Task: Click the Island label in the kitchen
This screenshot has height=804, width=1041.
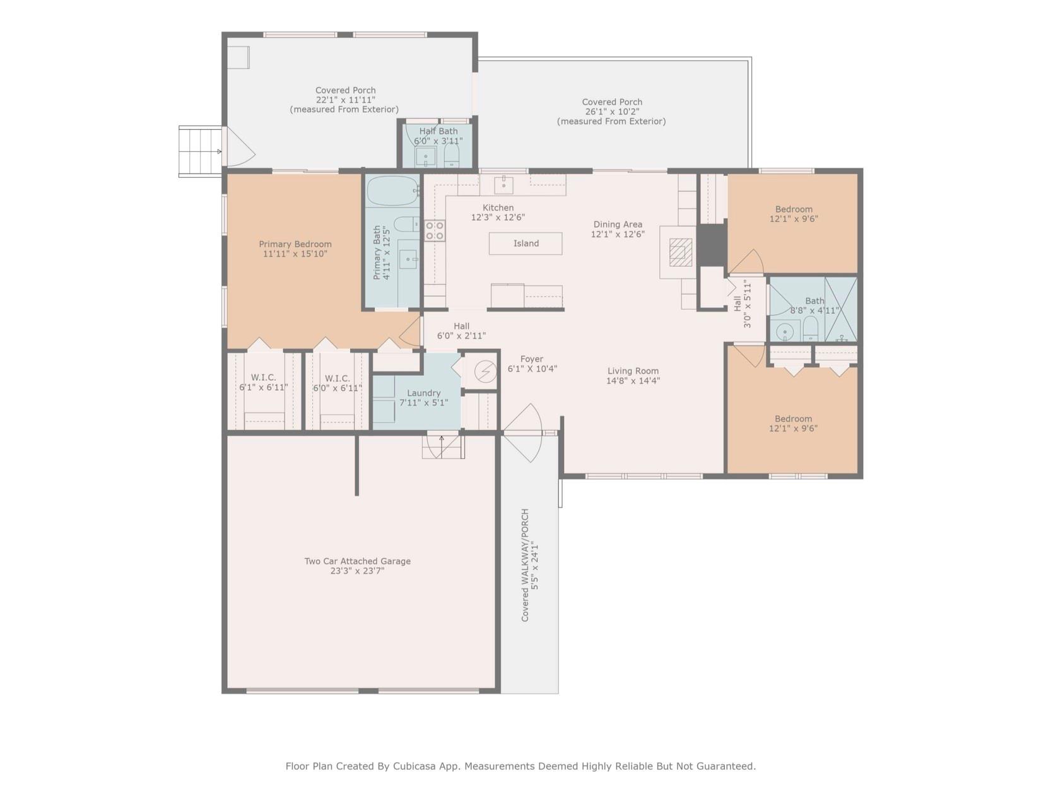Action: pos(526,243)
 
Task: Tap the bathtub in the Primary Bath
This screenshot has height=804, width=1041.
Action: pos(393,190)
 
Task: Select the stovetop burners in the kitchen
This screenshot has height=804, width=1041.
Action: pos(435,230)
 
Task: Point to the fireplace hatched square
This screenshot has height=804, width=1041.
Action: pos(680,252)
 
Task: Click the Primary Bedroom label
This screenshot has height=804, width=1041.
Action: pos(295,244)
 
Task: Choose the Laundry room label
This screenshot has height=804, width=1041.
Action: pos(423,393)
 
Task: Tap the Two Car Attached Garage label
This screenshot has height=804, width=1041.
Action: pos(357,561)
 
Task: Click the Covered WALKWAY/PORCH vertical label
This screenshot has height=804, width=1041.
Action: pos(525,565)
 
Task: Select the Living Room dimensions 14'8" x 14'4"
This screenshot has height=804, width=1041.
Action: pos(633,381)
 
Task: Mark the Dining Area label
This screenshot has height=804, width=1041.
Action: pos(618,224)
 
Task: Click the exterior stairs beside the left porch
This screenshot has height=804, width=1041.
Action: pos(200,151)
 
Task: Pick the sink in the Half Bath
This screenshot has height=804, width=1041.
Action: pos(425,157)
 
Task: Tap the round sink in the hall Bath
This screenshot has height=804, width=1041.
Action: pos(785,331)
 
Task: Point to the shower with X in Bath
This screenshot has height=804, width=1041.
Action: pos(841,310)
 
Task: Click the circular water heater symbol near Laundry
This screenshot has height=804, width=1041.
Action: pos(485,371)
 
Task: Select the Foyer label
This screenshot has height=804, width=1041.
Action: pos(532,359)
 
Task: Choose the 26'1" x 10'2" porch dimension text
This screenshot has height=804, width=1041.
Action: pos(612,112)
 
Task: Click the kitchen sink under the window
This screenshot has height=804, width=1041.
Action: pos(503,185)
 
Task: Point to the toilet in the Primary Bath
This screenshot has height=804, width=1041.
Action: pos(406,224)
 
